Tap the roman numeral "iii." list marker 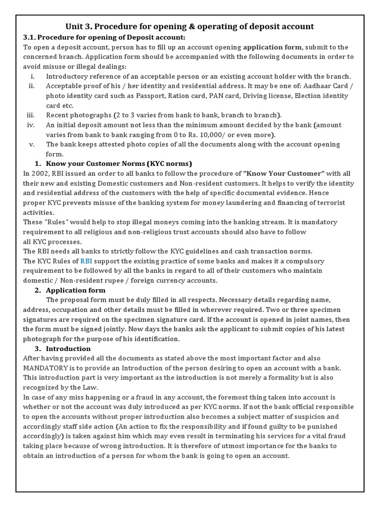31,115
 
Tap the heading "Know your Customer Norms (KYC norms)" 119,164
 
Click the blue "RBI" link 87,261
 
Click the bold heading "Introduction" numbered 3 69,349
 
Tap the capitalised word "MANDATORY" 47,368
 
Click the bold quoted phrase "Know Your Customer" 284,174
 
